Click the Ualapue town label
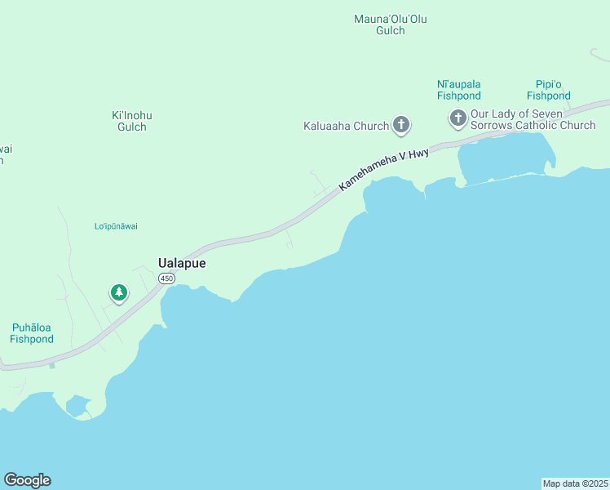[181, 264]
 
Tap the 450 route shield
[166, 278]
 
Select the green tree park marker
[119, 292]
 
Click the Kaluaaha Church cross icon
[400, 125]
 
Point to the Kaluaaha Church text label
[346, 127]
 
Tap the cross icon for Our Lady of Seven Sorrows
[457, 119]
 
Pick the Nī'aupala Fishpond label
[459, 90]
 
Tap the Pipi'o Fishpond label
[548, 90]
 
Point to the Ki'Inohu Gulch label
[132, 121]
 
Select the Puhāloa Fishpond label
[33, 333]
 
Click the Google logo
[27, 480]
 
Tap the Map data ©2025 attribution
[576, 483]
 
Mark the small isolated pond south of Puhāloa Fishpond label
[77, 406]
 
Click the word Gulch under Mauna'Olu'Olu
[391, 31]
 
